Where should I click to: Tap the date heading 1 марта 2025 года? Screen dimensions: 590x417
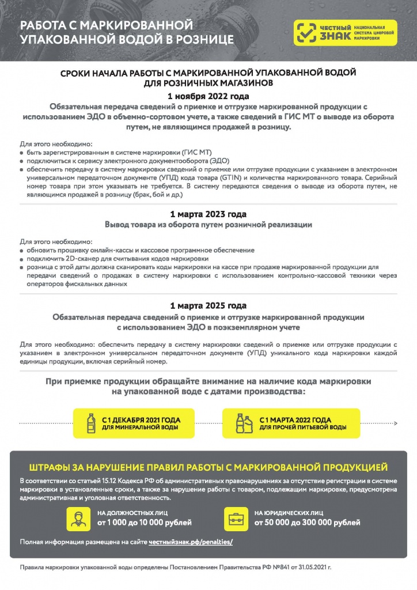(208, 305)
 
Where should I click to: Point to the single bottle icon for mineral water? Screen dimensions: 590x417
(90, 423)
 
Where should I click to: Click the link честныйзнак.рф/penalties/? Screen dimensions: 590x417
(191, 542)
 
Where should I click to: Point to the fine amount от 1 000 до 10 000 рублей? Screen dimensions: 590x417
(144, 523)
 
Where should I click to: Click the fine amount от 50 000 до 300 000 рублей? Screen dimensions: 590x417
(308, 523)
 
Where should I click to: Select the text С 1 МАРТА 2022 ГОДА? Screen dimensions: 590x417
(295, 419)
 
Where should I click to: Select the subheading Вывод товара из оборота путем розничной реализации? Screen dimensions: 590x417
(208, 225)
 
